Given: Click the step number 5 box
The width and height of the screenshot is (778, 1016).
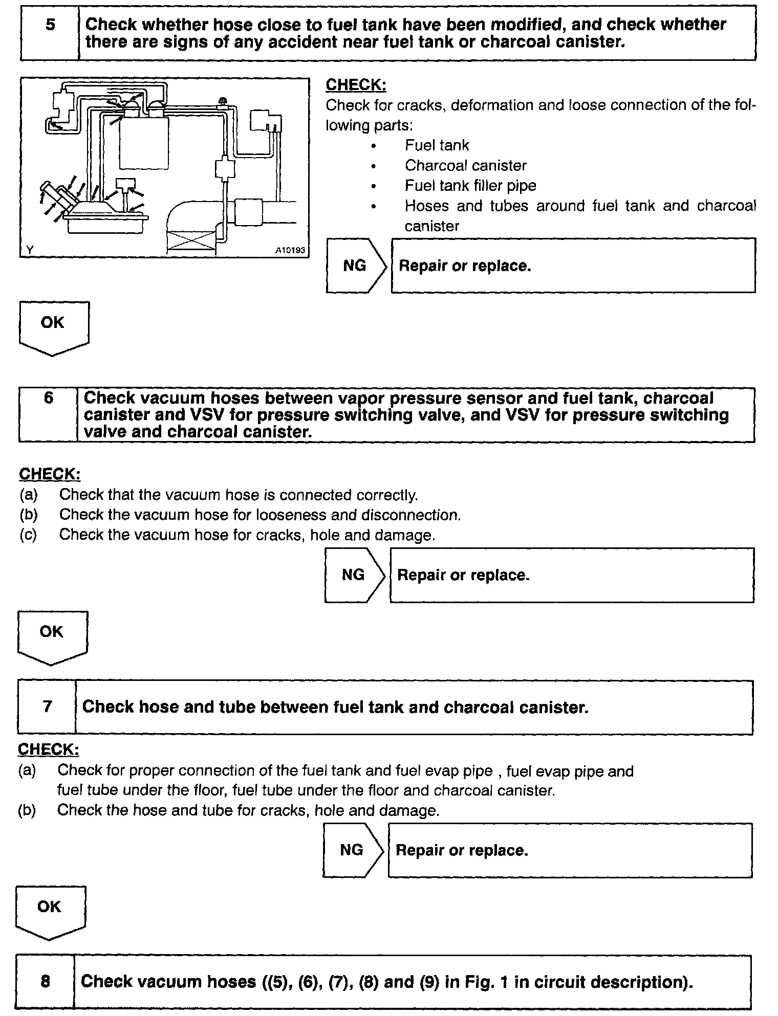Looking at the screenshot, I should [50, 33].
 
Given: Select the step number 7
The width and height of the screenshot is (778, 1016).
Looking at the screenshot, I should [47, 707].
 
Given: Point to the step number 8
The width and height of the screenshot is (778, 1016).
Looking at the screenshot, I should [45, 981].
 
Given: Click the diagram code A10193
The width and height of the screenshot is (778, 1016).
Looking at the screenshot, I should [290, 250].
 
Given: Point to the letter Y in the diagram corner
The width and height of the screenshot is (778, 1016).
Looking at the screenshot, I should [30, 250].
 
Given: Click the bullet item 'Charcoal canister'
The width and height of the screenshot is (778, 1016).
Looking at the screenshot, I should [465, 166].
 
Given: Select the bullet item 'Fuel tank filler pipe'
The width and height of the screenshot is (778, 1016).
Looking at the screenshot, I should [470, 186].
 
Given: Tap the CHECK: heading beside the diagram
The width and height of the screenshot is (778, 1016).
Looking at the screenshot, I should [356, 85].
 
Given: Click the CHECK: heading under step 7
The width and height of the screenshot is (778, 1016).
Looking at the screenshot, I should [49, 749].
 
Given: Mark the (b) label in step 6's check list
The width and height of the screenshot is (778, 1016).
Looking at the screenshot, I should [29, 515].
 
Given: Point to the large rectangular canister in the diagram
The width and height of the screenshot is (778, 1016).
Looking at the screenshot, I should [144, 143].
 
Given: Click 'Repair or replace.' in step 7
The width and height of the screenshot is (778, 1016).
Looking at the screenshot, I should [462, 850].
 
